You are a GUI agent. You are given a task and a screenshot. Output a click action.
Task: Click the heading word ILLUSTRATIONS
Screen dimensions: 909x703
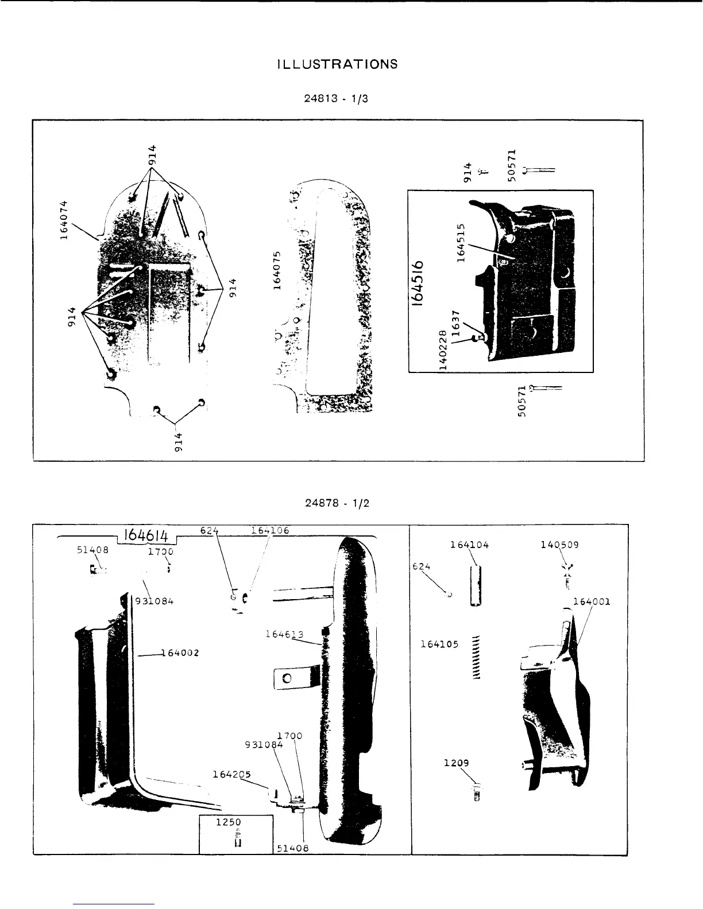point(337,64)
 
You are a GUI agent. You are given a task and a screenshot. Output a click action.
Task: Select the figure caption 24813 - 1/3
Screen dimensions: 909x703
point(336,98)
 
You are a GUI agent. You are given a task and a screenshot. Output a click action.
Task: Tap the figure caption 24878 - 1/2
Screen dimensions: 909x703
point(337,503)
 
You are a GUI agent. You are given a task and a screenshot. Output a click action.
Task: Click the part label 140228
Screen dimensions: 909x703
point(442,352)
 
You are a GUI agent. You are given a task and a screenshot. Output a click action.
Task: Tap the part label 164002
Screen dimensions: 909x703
point(180,652)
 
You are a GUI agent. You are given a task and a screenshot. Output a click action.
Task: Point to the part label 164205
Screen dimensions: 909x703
point(231,774)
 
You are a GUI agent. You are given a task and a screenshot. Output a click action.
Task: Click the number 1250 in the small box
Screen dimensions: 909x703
point(227,822)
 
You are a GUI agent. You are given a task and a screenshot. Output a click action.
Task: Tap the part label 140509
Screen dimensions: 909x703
point(559,545)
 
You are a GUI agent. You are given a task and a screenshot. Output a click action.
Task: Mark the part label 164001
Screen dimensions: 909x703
point(592,601)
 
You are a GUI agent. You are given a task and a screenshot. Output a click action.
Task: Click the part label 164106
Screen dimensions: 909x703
point(270,530)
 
